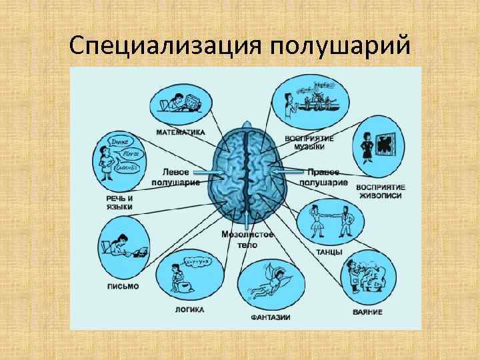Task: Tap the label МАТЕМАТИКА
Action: [181, 132]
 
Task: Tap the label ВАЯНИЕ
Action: [367, 312]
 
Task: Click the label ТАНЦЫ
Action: [329, 252]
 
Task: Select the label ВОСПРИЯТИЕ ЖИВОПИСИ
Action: [381, 191]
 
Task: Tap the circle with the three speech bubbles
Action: [121, 161]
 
